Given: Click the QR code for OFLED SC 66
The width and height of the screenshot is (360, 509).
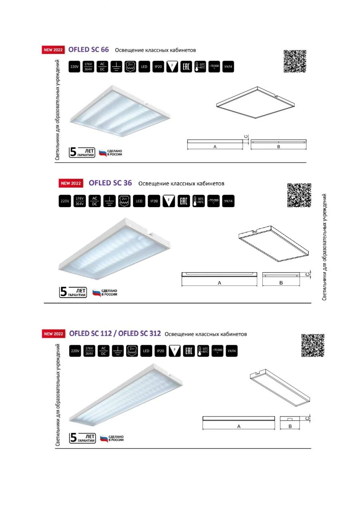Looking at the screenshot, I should [x=295, y=62].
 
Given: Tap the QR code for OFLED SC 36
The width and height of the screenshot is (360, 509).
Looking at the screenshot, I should [x=299, y=195].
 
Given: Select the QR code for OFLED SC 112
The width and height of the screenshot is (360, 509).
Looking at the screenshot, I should [x=312, y=345].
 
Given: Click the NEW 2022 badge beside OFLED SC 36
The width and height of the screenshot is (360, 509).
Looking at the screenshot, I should [x=71, y=184].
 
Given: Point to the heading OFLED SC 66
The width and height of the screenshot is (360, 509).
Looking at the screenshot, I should [x=88, y=50].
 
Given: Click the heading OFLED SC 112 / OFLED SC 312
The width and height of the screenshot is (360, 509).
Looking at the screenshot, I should [x=115, y=333].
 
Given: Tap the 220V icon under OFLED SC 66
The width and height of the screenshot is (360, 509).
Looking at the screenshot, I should [x=74, y=67].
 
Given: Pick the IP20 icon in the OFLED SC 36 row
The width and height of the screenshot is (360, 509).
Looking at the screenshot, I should [x=154, y=201].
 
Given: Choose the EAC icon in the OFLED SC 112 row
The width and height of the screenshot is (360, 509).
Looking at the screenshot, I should [x=188, y=351].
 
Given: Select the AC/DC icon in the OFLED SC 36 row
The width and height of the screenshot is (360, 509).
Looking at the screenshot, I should [x=94, y=201].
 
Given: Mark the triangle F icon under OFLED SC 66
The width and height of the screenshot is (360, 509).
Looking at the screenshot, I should [x=172, y=67].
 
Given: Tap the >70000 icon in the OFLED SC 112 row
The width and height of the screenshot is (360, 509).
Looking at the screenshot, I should [x=217, y=351].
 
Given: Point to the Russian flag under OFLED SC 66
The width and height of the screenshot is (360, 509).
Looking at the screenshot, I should [x=103, y=153].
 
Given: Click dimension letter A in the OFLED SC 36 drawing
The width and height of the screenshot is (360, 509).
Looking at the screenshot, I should [x=220, y=283].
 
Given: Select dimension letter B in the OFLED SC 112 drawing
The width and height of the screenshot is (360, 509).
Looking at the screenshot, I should [x=290, y=427].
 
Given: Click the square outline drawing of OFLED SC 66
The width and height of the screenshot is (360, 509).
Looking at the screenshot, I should [x=255, y=103].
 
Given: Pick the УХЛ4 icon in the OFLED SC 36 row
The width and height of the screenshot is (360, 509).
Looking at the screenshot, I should [x=228, y=201].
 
